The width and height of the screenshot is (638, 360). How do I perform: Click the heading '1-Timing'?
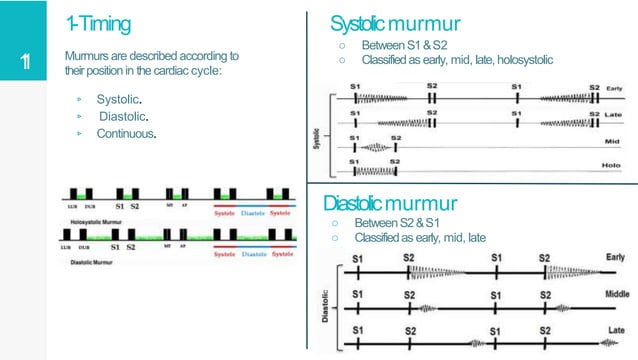coord(97,21)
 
